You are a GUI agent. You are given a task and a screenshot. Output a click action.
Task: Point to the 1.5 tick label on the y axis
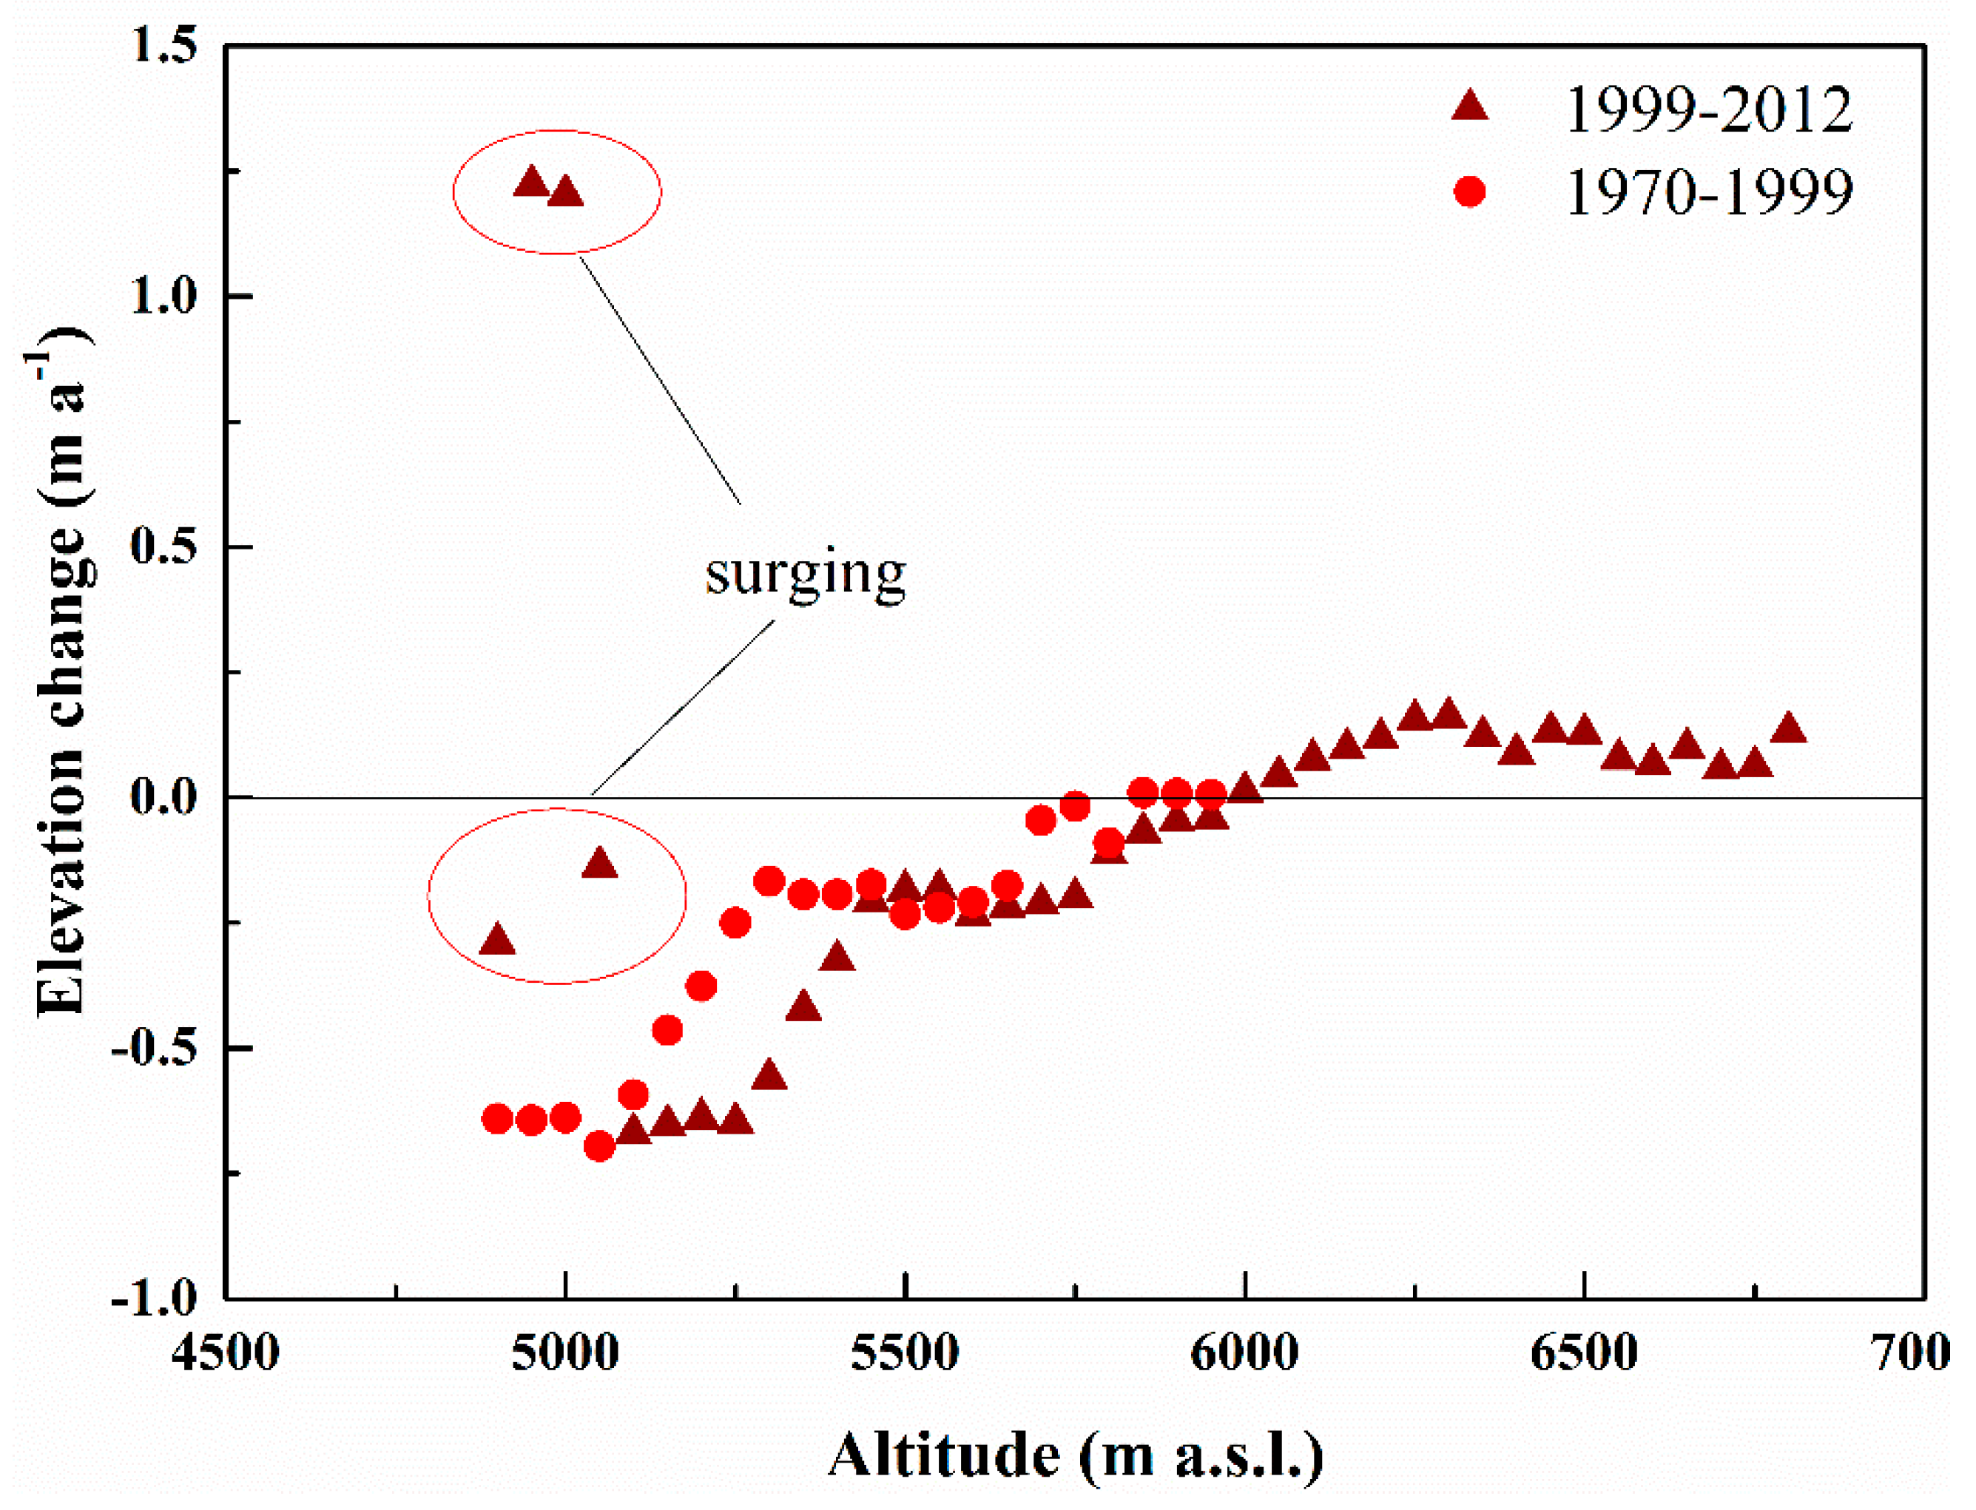163,45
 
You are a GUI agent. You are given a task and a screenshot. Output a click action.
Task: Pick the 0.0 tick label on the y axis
163,796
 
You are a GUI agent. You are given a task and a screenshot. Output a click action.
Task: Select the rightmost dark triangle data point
1788,729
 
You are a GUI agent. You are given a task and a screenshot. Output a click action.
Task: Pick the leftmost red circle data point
497,1119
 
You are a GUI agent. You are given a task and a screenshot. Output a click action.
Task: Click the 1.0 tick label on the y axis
163,296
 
